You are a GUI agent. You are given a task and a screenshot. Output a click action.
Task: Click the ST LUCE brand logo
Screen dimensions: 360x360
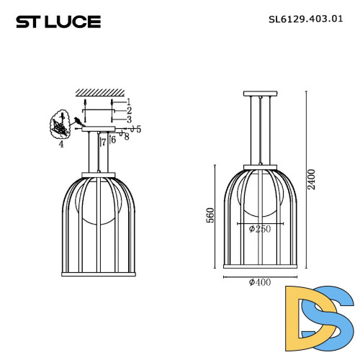click(x=59, y=22)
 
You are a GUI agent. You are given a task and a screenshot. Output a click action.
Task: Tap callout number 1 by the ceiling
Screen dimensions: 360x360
click(x=129, y=102)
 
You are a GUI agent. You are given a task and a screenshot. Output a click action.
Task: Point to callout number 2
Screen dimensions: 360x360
click(x=129, y=110)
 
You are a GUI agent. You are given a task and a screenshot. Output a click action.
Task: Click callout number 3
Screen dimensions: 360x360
click(x=129, y=119)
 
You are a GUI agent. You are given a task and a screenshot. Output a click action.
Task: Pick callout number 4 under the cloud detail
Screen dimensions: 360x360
click(x=61, y=145)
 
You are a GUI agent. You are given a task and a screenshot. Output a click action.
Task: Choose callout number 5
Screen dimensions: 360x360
click(x=138, y=129)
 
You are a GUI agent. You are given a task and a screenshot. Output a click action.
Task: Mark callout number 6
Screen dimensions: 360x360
click(x=113, y=139)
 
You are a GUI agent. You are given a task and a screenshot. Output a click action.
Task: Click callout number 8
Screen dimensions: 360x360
click(x=127, y=136)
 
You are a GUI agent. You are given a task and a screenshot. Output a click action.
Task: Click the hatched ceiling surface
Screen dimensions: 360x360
click(x=99, y=92)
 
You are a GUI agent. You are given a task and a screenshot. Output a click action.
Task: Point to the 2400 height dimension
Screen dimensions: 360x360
click(x=311, y=184)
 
